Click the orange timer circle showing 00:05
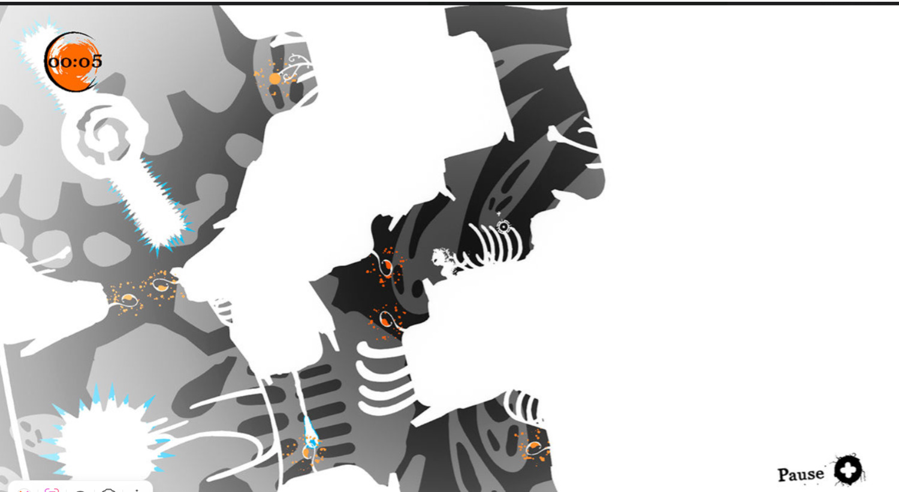tap(71, 62)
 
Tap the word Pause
tap(801, 475)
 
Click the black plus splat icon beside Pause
tap(849, 470)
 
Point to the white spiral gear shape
tap(104, 136)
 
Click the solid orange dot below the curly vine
tap(274, 79)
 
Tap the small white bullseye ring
tap(503, 227)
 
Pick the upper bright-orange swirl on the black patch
tap(387, 265)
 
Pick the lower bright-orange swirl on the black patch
tap(387, 320)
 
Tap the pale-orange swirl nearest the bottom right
tap(535, 446)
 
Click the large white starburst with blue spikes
tap(105, 434)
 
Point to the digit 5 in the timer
tap(96, 61)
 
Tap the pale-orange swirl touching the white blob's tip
tap(163, 284)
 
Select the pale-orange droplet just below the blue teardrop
tap(307, 453)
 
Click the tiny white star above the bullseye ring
tap(499, 214)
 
